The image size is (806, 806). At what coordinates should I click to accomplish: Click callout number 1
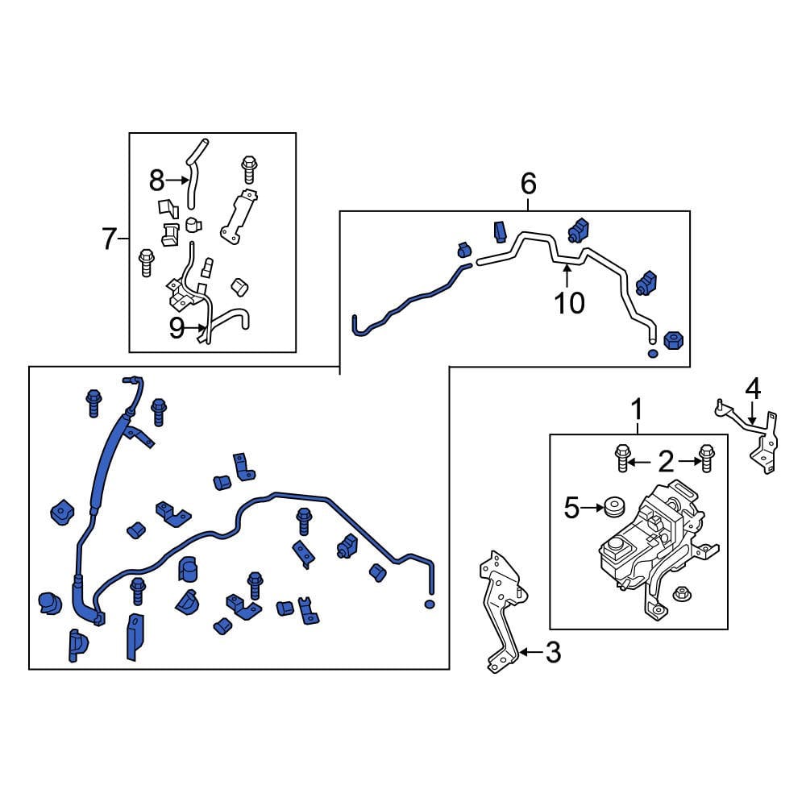pos(638,409)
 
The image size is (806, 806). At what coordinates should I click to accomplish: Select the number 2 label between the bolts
pos(666,462)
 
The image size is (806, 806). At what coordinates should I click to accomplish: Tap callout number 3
pos(553,652)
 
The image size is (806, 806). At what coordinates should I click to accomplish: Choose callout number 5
pos(571,508)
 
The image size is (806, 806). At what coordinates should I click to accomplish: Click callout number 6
pos(529,184)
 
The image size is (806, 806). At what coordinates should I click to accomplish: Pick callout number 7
pos(109,239)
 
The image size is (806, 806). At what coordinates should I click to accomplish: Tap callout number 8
pos(157,181)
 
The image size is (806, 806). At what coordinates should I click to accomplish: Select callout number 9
pos(177,329)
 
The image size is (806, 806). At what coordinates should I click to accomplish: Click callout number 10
pos(570,303)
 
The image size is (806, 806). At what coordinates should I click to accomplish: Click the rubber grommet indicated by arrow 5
pos(614,506)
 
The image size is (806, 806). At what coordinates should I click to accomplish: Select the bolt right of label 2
pos(707,458)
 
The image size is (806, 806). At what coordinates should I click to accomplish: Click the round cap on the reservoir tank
pos(616,546)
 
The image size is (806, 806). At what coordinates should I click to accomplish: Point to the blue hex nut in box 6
pos(673,340)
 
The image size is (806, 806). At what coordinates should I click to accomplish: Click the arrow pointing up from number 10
pos(567,276)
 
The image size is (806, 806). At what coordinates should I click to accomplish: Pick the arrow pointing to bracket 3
pos(531,652)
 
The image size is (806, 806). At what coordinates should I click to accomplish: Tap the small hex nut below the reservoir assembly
pos(682,594)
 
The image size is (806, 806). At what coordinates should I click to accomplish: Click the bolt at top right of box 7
pos(249,169)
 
